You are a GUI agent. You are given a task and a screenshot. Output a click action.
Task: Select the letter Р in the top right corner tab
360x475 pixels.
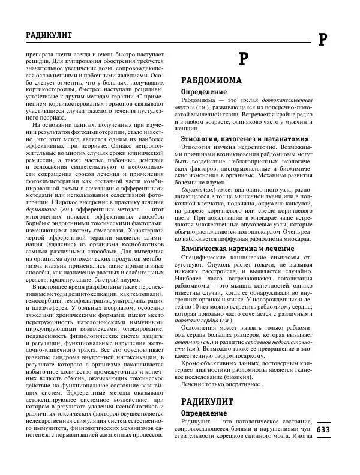[322, 39]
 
